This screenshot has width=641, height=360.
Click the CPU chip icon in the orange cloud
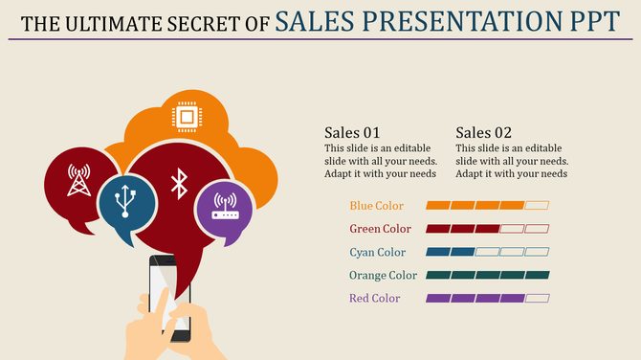[x=187, y=117]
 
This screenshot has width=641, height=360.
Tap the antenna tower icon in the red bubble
[x=78, y=179]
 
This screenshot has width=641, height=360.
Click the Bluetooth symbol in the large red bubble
[x=178, y=183]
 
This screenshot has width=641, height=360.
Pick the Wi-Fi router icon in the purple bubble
[x=225, y=206]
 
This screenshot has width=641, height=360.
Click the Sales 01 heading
[x=352, y=132]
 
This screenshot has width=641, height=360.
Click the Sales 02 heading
[x=483, y=132]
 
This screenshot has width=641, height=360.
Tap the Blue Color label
[x=376, y=206]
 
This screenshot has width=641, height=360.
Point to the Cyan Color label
[x=376, y=253]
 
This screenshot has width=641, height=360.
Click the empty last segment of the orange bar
[x=537, y=206]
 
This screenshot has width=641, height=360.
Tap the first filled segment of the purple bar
[x=437, y=299]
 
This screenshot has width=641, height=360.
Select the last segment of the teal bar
[x=537, y=276]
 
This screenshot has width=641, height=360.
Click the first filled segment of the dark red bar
[x=437, y=229]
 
